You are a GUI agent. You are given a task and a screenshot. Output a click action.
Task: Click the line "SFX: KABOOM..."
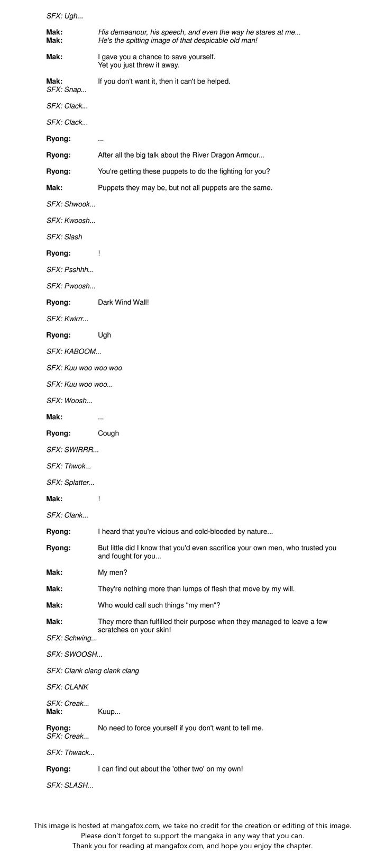(x=74, y=351)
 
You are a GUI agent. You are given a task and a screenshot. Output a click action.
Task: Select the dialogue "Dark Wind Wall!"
(x=123, y=303)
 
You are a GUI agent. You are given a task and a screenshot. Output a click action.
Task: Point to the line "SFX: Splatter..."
(x=70, y=483)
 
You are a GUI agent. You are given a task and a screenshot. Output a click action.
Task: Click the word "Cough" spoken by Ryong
(x=108, y=433)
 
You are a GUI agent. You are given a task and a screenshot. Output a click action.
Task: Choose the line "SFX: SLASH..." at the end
(x=70, y=785)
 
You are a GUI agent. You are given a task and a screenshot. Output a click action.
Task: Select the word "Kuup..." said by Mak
(x=109, y=712)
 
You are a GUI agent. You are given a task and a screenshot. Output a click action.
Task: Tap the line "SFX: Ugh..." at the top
(x=65, y=16)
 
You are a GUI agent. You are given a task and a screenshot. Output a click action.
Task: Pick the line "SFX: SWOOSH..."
(x=74, y=655)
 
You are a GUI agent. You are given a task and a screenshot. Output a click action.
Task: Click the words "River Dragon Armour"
(x=219, y=156)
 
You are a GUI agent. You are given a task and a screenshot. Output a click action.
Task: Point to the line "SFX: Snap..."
(x=66, y=90)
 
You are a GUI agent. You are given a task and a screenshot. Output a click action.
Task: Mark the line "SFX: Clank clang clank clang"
(x=93, y=671)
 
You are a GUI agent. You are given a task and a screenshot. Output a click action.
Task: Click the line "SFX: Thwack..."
(x=70, y=752)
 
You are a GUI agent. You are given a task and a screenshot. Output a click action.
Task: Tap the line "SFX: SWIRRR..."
(x=72, y=450)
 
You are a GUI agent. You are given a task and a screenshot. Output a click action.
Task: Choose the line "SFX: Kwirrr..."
(x=67, y=319)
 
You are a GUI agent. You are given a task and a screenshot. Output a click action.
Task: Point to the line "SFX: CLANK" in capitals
(x=67, y=687)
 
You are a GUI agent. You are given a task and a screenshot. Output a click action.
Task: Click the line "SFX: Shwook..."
(x=71, y=204)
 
